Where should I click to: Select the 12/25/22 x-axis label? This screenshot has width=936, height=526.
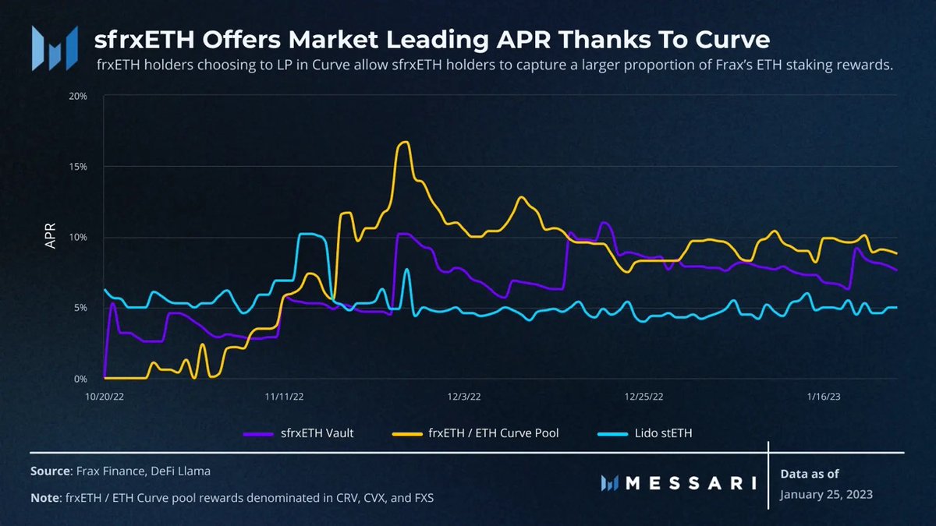click(644, 396)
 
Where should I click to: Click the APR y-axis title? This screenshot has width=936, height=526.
click(51, 238)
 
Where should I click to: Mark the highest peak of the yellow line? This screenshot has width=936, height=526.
click(403, 142)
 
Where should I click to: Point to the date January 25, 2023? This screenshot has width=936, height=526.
click(826, 495)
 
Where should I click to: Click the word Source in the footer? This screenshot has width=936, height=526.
click(49, 471)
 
